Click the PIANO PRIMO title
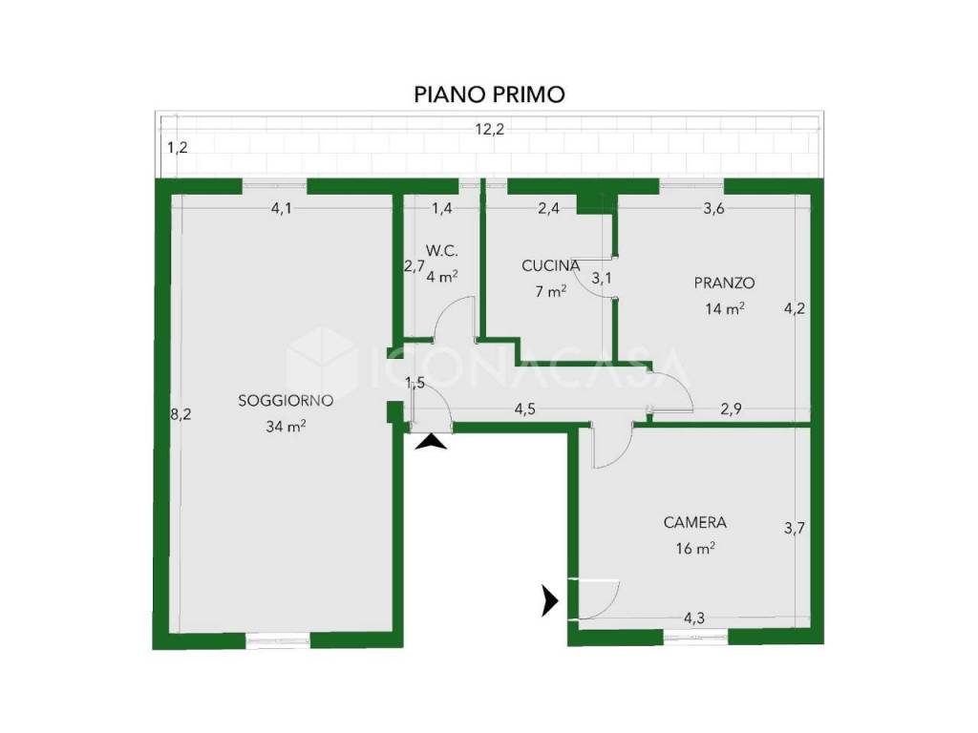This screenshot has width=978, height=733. (490, 94)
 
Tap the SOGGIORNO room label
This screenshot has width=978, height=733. (286, 401)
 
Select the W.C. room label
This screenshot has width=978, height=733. (442, 251)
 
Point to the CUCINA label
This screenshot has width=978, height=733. (551, 265)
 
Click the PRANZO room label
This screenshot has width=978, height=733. (724, 283)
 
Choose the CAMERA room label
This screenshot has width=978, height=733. (695, 522)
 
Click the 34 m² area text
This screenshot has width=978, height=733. (286, 427)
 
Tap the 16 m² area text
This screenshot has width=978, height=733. (695, 549)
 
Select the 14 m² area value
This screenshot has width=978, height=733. (724, 308)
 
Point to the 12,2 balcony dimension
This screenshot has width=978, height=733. (490, 130)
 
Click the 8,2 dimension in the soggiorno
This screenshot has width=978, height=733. (181, 414)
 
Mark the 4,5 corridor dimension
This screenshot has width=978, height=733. (524, 409)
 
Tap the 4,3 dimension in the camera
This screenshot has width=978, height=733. (694, 618)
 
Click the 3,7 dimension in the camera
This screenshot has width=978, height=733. (794, 529)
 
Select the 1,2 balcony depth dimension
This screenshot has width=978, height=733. (178, 148)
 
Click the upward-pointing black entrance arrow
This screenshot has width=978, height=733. (431, 443)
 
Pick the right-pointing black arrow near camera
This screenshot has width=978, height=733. (549, 600)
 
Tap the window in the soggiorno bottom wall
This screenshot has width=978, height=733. (278, 640)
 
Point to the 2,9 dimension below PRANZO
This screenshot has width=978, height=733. (731, 409)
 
